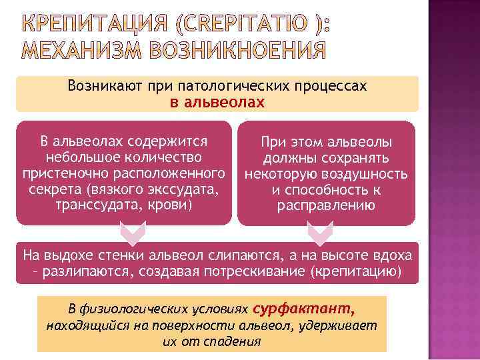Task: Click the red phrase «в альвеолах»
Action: pyautogui.click(x=217, y=103)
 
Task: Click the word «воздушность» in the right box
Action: pyautogui.click(x=367, y=174)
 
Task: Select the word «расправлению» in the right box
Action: pyautogui.click(x=326, y=205)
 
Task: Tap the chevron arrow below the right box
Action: pyautogui.click(x=318, y=234)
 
